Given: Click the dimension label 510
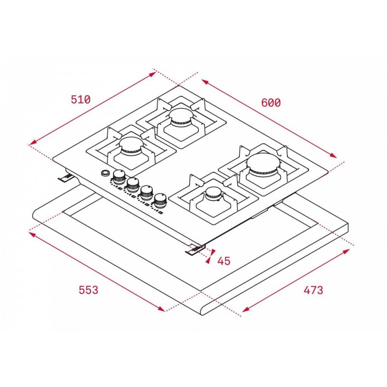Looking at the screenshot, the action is (x=81, y=99).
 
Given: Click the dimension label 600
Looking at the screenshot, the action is (x=271, y=103).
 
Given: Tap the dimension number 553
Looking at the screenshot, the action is (x=88, y=290).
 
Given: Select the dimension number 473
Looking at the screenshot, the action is (x=313, y=290).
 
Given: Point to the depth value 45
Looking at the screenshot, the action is (x=224, y=261).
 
